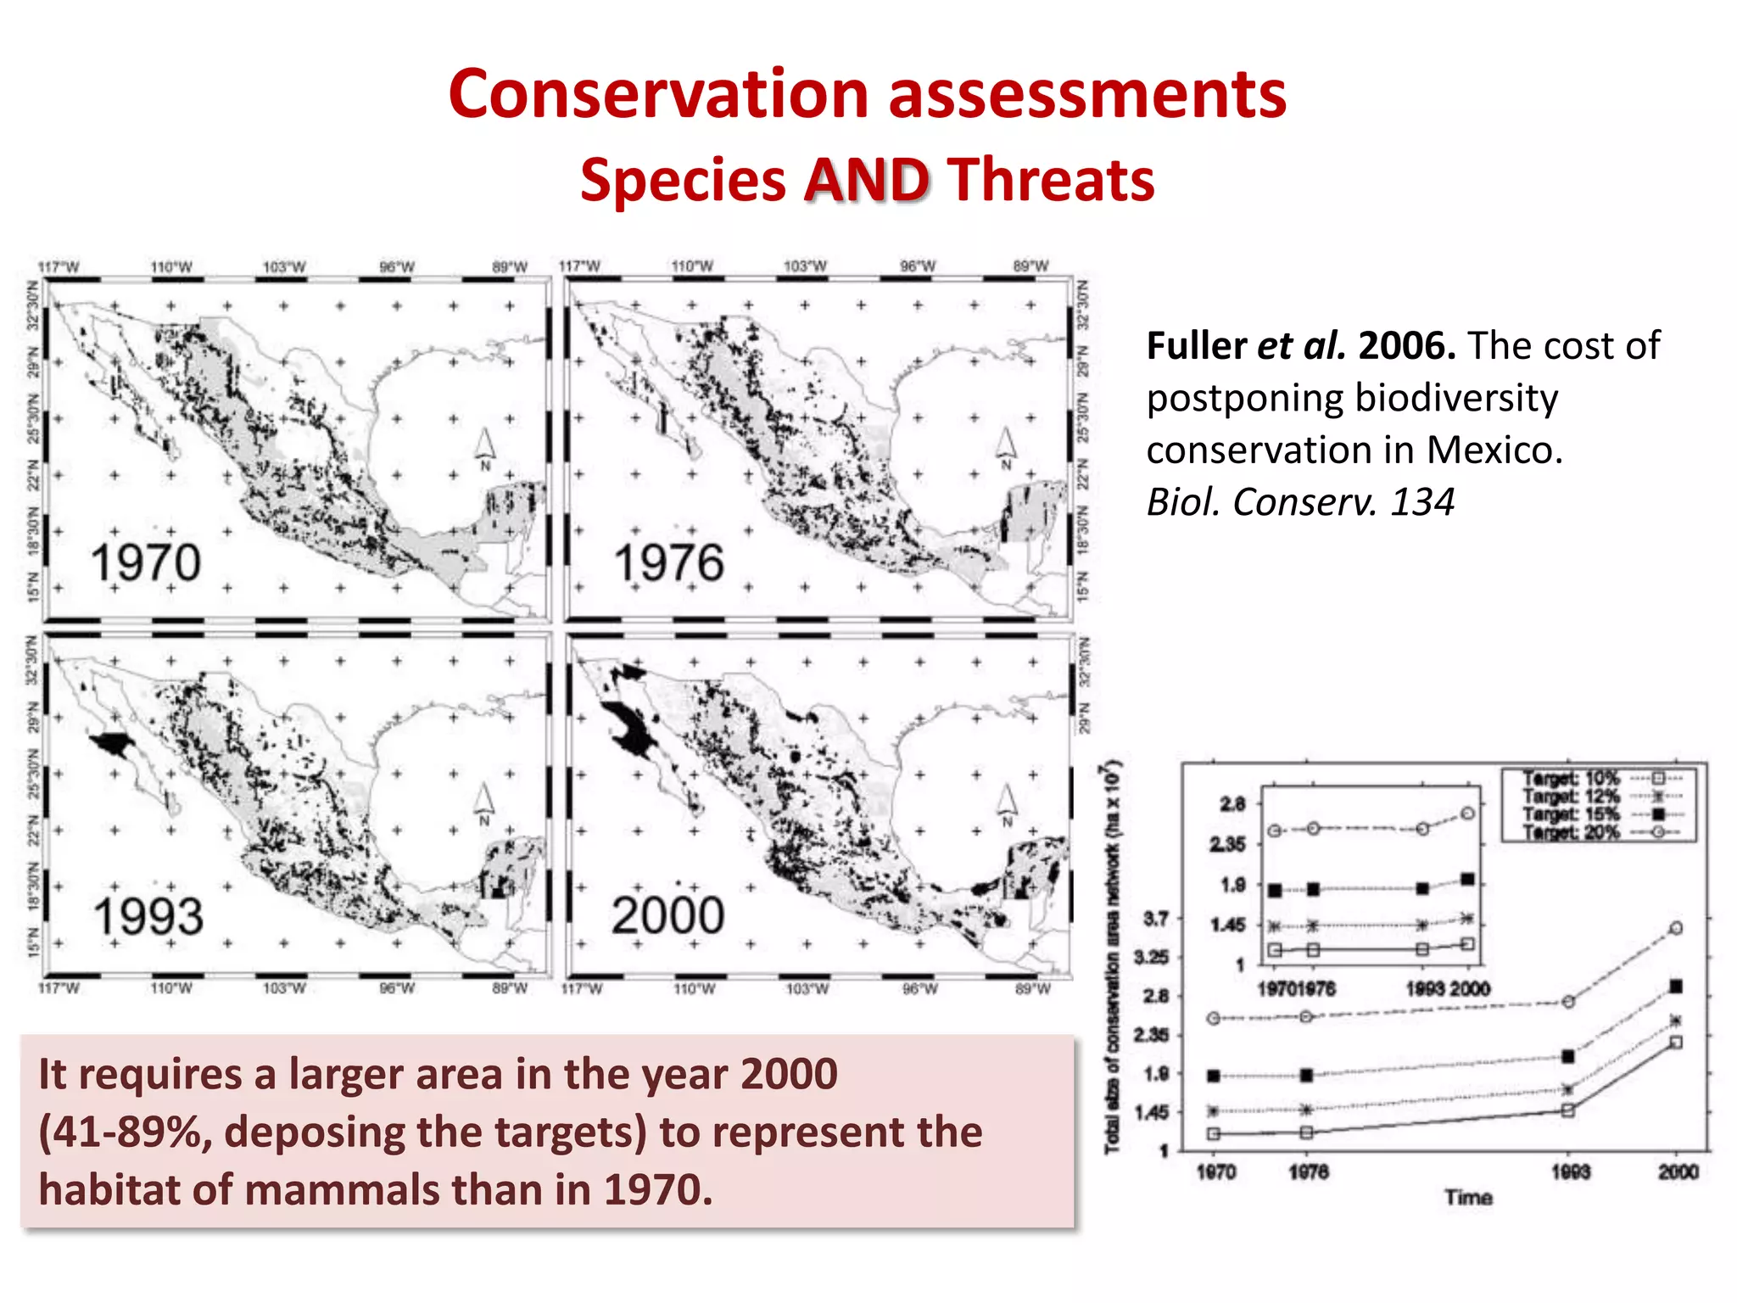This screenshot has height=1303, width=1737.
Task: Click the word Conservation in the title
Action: click(x=658, y=93)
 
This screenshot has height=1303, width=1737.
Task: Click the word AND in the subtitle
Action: click(x=867, y=181)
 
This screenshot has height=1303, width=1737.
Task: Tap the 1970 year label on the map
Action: click(x=145, y=563)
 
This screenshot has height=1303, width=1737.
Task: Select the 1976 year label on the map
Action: click(x=668, y=563)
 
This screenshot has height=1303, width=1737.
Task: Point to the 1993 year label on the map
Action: click(x=148, y=917)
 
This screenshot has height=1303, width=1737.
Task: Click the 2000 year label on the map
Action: click(x=667, y=916)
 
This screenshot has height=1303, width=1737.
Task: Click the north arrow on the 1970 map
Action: click(x=484, y=446)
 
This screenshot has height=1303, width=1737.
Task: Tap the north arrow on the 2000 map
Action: click(x=1006, y=802)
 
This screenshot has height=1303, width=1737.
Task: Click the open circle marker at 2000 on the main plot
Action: click(x=1676, y=928)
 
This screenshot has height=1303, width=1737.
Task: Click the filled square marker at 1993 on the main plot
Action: click(x=1568, y=1056)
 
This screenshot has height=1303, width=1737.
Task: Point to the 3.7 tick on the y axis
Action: click(x=1156, y=919)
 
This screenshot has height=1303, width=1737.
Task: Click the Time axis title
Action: click(x=1469, y=1198)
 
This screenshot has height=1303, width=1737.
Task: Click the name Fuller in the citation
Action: click(x=1196, y=346)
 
